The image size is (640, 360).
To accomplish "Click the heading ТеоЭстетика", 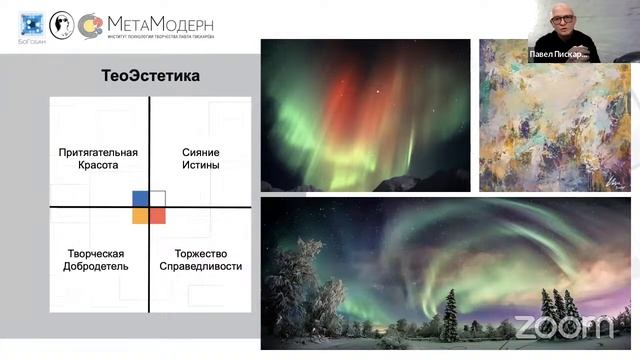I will [x=151, y=75].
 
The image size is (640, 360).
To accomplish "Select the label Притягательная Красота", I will [x=98, y=158].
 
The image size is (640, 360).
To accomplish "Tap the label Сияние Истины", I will [x=201, y=158].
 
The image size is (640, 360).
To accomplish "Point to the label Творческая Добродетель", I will [x=98, y=260].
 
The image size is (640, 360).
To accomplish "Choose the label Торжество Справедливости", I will [x=208, y=260].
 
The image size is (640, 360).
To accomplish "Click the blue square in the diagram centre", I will [x=141, y=198].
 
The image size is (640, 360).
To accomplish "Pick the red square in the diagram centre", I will [x=158, y=215].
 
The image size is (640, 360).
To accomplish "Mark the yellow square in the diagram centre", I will [x=141, y=215].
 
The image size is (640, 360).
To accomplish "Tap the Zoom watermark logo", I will [x=563, y=326].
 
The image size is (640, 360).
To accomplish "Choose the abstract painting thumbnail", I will [x=547, y=114].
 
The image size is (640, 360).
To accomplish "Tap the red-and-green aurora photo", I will [x=365, y=114].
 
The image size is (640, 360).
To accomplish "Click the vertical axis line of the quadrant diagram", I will [x=149, y=150].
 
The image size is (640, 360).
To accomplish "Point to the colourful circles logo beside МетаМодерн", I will [x=91, y=25].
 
